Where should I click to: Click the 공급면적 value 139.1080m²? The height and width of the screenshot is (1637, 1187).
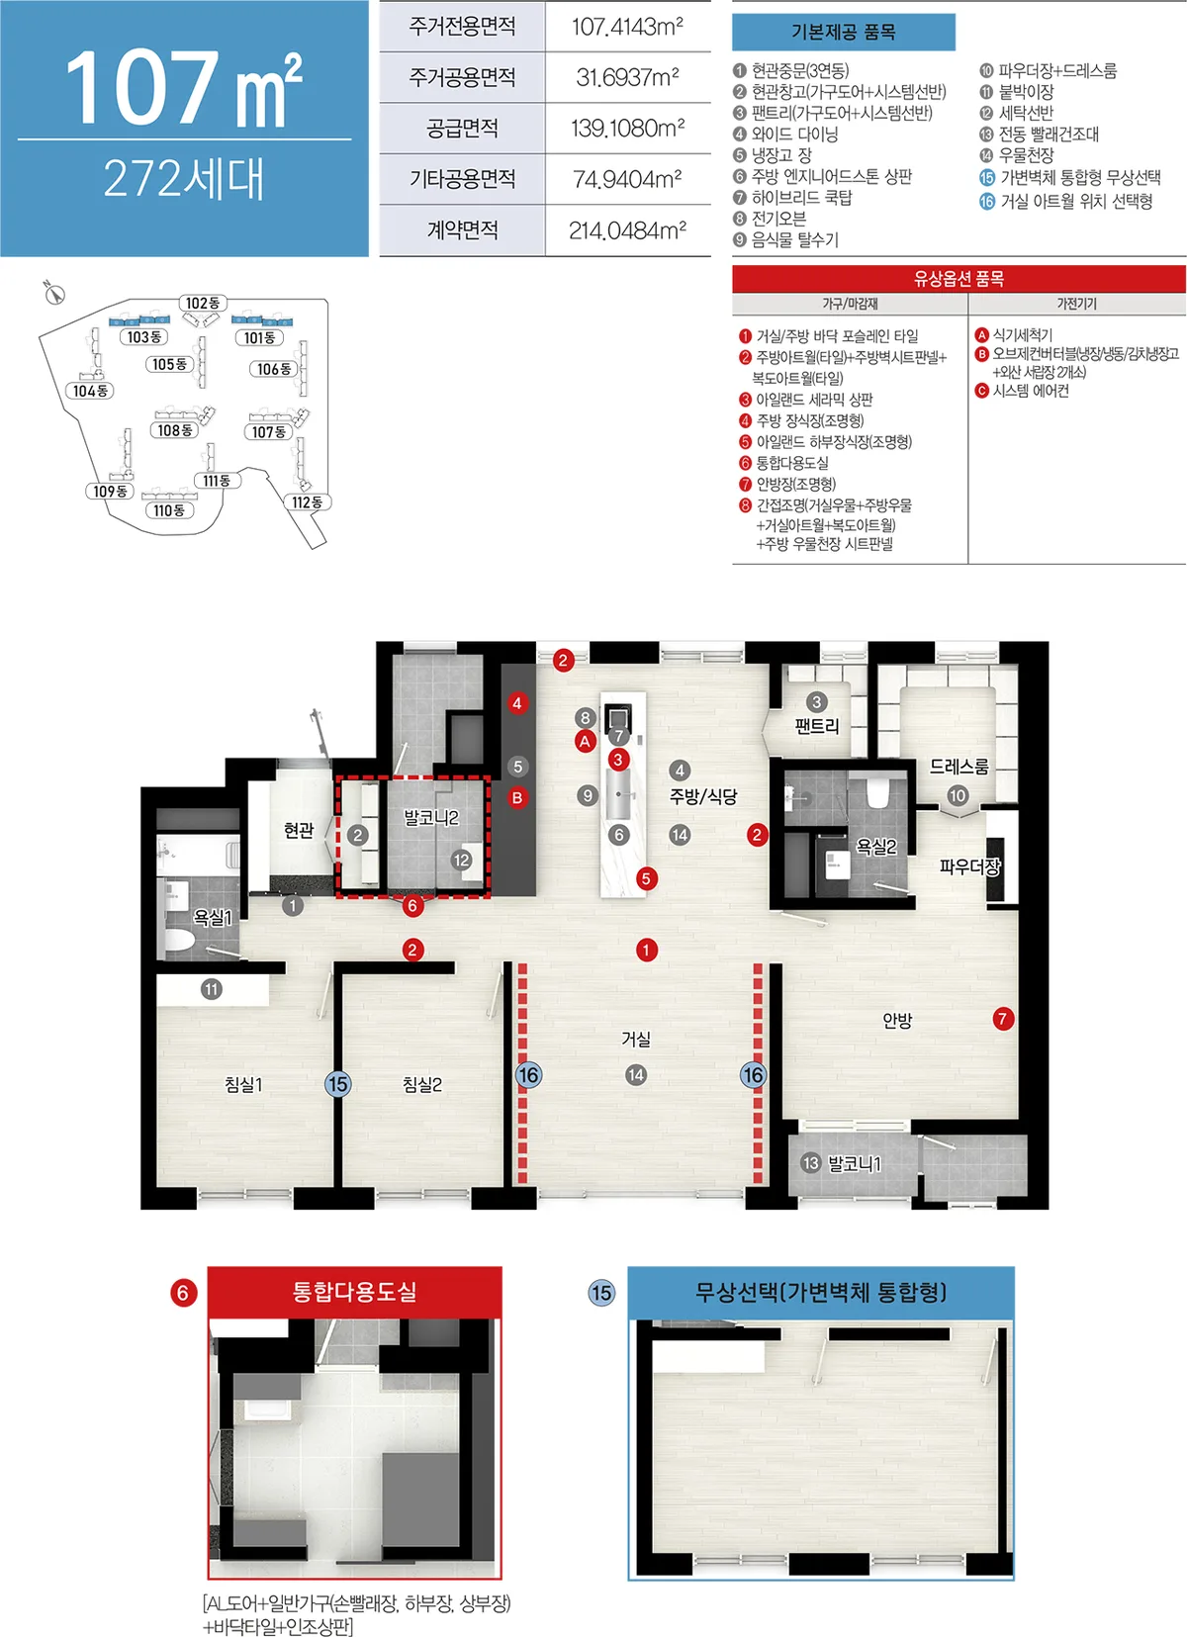tap(628, 129)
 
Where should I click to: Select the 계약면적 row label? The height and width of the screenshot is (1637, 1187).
tap(463, 230)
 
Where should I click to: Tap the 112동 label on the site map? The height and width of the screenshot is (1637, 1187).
tap(307, 502)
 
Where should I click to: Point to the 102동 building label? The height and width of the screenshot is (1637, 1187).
tap(203, 303)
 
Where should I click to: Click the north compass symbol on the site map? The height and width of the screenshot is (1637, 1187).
tap(54, 293)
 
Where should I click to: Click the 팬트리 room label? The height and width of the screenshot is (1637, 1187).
tap(816, 726)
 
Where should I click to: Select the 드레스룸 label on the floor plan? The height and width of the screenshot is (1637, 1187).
tap(959, 767)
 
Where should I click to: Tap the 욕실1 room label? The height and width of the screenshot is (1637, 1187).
tap(213, 918)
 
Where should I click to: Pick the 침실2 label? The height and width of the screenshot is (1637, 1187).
tap(422, 1085)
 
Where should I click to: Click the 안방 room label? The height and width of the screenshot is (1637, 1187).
tap(897, 1021)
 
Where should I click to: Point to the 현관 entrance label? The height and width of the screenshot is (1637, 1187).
tap(298, 830)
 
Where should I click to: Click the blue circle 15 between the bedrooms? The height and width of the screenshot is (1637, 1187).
tap(337, 1084)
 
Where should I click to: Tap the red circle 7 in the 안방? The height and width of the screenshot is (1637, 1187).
tap(1003, 1019)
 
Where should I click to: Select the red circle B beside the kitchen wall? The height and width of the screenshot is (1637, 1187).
tap(517, 798)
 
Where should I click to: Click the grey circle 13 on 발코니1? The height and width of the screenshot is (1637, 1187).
tap(810, 1162)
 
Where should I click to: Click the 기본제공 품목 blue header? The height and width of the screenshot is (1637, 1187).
tap(844, 33)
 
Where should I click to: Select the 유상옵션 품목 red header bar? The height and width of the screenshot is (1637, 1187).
tap(959, 278)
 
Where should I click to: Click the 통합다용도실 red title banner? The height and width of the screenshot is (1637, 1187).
tap(354, 1292)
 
